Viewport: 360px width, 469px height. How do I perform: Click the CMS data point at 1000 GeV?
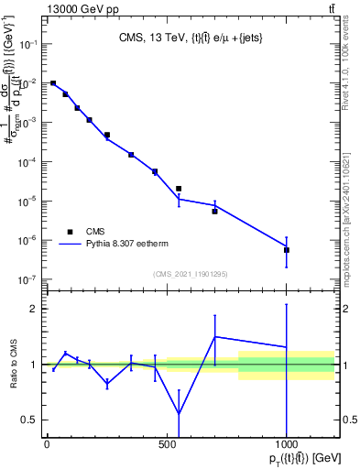tap(287, 250)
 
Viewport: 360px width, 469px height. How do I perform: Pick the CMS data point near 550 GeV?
tap(179, 189)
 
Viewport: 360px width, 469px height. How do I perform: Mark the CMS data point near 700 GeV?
tap(214, 212)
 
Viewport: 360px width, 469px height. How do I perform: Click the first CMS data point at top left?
tap(53, 83)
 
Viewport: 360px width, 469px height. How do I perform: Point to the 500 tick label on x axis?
tap(167, 444)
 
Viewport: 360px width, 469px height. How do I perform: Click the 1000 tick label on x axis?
tap(287, 444)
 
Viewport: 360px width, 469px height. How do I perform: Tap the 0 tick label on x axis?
tap(47, 444)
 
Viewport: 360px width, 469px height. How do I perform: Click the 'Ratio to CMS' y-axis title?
tap(14, 363)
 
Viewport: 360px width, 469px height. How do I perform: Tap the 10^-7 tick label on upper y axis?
tap(27, 279)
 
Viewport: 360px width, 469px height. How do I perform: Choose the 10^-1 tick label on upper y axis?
tap(27, 44)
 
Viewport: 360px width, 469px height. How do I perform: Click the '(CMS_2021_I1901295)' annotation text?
tap(190, 273)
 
